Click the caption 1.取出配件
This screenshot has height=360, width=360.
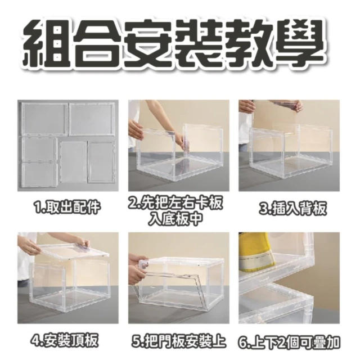pos(66,208)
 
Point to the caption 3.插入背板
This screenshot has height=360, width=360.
pos(292,209)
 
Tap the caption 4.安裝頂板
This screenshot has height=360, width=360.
pos(65,341)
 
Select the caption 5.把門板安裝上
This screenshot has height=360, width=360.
pos(178,341)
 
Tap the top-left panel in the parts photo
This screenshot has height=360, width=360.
pos(45,119)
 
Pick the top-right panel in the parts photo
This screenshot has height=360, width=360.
pos(92,119)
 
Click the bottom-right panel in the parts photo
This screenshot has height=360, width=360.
pos(101,162)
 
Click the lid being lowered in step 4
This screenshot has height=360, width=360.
pos(74,251)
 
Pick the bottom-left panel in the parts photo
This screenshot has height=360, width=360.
pos(39,175)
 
